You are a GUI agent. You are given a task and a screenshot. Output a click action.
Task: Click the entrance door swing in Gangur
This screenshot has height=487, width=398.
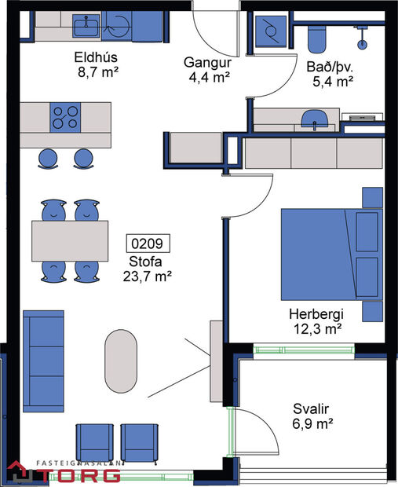(216, 31)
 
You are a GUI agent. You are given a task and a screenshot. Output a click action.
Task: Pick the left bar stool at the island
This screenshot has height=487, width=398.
(49, 157)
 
